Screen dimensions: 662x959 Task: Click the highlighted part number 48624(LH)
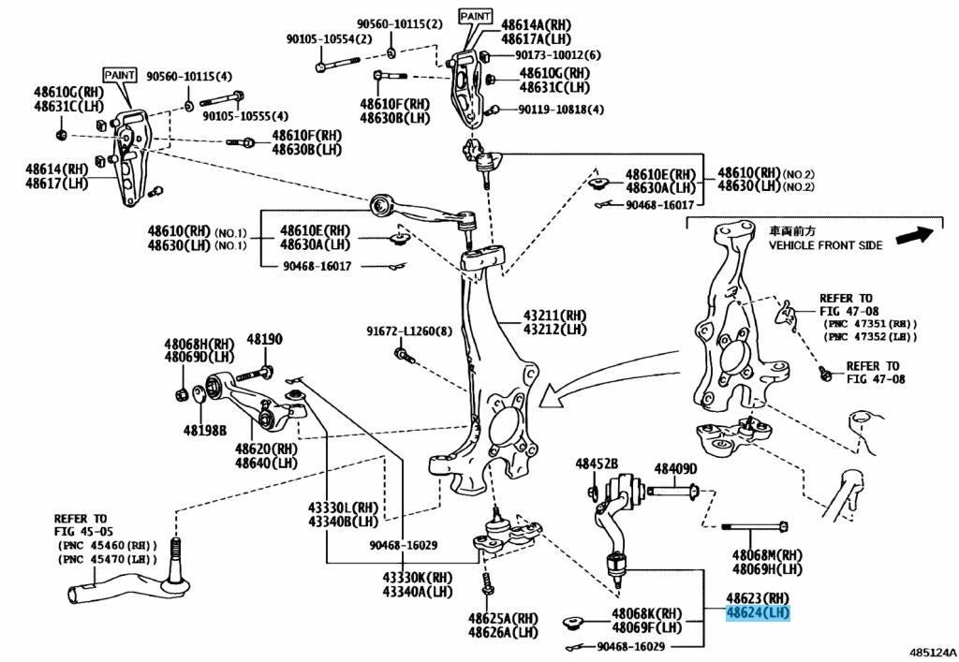tap(759, 613)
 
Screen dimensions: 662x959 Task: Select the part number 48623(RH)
tap(758, 597)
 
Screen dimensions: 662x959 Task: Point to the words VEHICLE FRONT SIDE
tap(825, 245)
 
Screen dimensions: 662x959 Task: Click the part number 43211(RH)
tap(555, 315)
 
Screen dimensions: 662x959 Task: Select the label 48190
tap(264, 339)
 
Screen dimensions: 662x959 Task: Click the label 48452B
tap(597, 464)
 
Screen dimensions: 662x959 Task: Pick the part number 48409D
tap(675, 468)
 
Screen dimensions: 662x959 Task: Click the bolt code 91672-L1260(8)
tap(409, 331)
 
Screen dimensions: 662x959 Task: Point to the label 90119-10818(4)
tap(561, 110)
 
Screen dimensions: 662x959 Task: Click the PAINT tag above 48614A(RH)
tap(475, 16)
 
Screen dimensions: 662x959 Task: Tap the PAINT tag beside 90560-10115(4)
tap(120, 74)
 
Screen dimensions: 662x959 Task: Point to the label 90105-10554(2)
tap(329, 39)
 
